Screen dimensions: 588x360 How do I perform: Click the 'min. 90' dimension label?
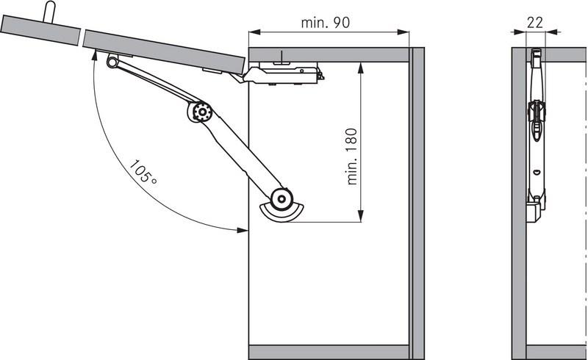pyautogui.click(x=325, y=23)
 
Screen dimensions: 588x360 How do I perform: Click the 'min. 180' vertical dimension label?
pyautogui.click(x=352, y=156)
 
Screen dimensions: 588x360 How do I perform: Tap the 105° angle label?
pyautogui.click(x=143, y=173)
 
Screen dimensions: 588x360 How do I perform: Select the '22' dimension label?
pyautogui.click(x=535, y=23)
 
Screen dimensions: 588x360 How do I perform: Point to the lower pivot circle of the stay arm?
pyautogui.click(x=282, y=199)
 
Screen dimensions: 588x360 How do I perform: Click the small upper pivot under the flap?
pyautogui.click(x=112, y=61)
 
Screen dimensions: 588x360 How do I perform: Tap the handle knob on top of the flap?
pyautogui.click(x=49, y=11)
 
